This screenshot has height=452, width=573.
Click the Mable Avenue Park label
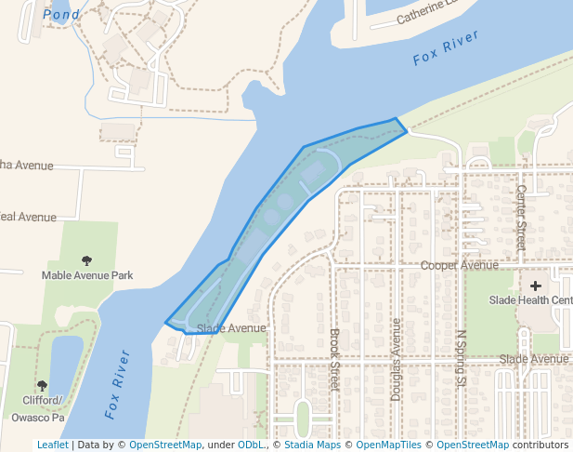[x=87, y=275]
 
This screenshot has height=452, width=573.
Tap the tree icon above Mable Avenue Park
[x=87, y=261]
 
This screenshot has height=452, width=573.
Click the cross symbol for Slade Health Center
[x=535, y=286]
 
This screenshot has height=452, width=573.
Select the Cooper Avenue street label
[x=460, y=265]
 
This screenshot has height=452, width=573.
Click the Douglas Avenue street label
[x=396, y=359]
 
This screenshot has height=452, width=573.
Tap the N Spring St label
[x=459, y=357]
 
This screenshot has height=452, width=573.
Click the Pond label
[x=61, y=15]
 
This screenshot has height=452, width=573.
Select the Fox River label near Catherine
[x=446, y=47]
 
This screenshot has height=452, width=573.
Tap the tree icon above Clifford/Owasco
[x=42, y=385]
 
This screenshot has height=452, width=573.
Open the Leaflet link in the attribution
[x=52, y=445]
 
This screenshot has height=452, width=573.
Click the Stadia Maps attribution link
[x=312, y=445]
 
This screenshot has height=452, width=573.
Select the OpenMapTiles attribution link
[x=392, y=445]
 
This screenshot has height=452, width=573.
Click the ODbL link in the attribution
[x=251, y=445]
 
